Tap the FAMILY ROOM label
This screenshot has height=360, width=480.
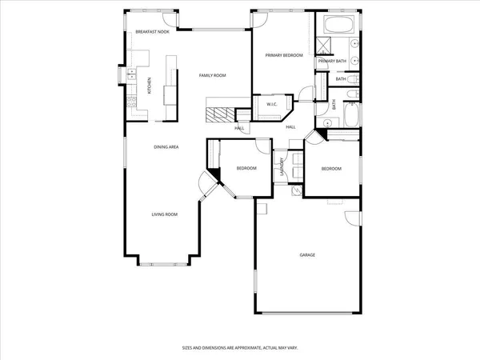[213, 74]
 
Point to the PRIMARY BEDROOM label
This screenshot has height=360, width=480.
[284, 55]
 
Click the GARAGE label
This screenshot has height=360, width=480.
[307, 255]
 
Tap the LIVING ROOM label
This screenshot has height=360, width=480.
[165, 214]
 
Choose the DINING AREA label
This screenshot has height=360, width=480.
[166, 147]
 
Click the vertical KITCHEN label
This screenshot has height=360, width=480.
[149, 85]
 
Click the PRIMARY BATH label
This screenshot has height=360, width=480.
[331, 62]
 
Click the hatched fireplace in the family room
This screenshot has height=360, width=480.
[218, 114]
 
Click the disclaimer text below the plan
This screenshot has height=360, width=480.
[240, 348]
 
